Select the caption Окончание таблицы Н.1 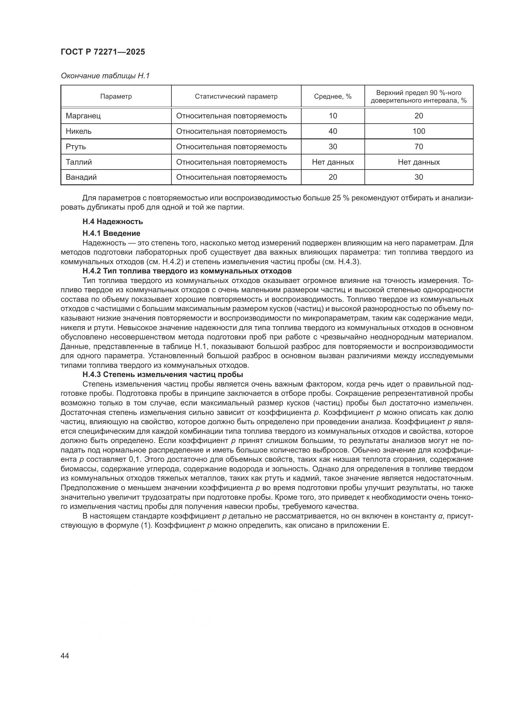[105, 76]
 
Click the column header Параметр [116, 97]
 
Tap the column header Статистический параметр [236, 97]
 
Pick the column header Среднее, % [333, 97]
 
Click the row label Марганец [83, 116]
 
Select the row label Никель [79, 131]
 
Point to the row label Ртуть [76, 147]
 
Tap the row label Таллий [79, 162]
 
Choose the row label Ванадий [81, 177]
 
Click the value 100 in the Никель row [419, 131]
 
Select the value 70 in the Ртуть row [419, 147]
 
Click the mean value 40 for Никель [333, 131]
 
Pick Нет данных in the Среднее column [333, 162]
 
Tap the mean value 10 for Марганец [333, 116]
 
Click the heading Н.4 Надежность [113, 222]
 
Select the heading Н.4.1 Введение [111, 233]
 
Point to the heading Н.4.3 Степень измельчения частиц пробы [163, 375]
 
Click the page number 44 [65, 656]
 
